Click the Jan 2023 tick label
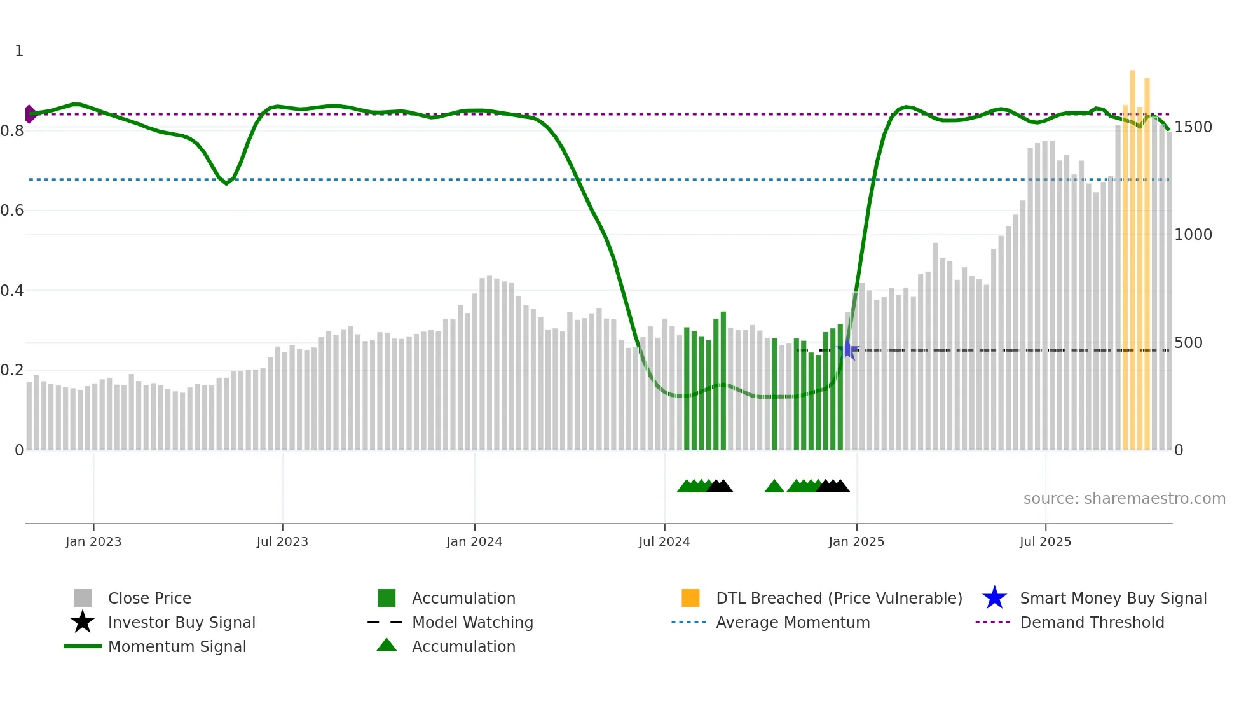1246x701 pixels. tap(93, 541)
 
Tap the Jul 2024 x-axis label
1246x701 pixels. tap(664, 541)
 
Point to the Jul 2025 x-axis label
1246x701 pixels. tap(1045, 541)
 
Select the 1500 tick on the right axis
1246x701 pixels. tap(1193, 127)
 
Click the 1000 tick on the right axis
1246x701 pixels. tap(1193, 235)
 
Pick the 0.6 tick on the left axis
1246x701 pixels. tap(12, 211)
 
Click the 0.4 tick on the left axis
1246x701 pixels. tap(12, 291)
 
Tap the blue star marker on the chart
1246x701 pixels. tap(847, 350)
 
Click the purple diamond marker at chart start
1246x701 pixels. tap(30, 114)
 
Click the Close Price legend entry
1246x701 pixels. tap(149, 598)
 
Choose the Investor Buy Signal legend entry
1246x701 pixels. tap(181, 622)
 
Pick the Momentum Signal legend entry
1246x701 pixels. tap(177, 646)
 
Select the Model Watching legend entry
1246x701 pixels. tap(472, 622)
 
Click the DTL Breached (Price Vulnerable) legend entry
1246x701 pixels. tap(839, 598)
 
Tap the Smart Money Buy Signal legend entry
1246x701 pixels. tap(1113, 598)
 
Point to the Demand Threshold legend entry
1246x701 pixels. tap(1092, 622)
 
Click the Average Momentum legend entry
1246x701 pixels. tap(793, 622)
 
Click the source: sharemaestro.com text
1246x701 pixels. tap(1124, 499)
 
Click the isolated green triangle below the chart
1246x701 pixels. tap(774, 487)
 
